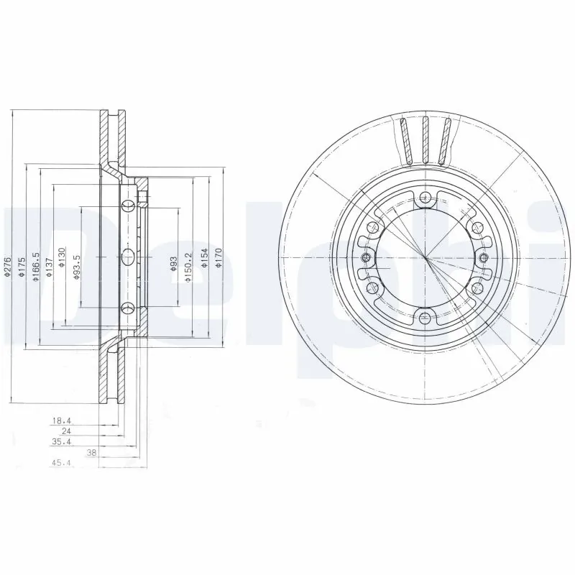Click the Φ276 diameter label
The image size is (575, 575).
[6, 267]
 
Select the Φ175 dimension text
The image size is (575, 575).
[22, 267]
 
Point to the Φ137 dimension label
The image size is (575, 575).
[49, 267]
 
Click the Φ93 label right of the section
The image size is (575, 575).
[173, 264]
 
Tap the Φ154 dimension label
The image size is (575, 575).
[203, 261]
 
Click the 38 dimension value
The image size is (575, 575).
[91, 454]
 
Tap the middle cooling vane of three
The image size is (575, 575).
[425, 139]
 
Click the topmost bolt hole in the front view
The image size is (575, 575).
[425, 201]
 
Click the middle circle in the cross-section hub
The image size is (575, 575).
[129, 257]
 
